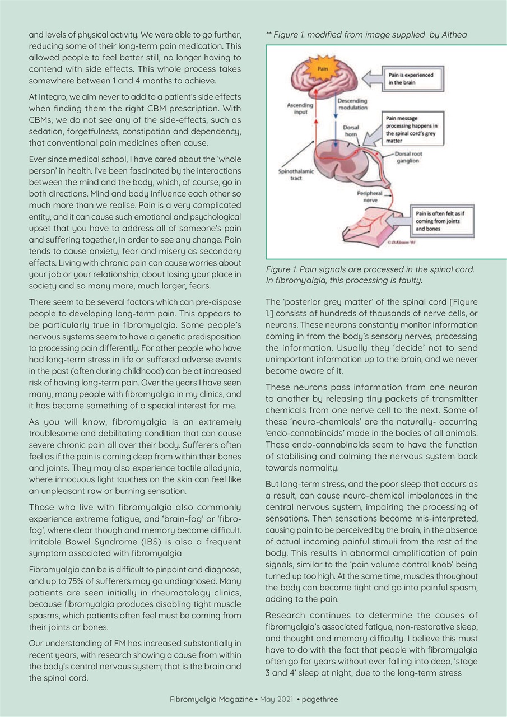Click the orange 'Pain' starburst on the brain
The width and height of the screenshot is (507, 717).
323,69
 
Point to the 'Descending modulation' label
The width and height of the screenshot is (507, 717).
352,104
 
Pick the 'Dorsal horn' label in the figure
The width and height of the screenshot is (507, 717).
351,131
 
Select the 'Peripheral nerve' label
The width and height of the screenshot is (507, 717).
369,195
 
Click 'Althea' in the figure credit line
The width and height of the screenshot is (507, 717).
454,35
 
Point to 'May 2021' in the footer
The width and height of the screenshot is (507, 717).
276,699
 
